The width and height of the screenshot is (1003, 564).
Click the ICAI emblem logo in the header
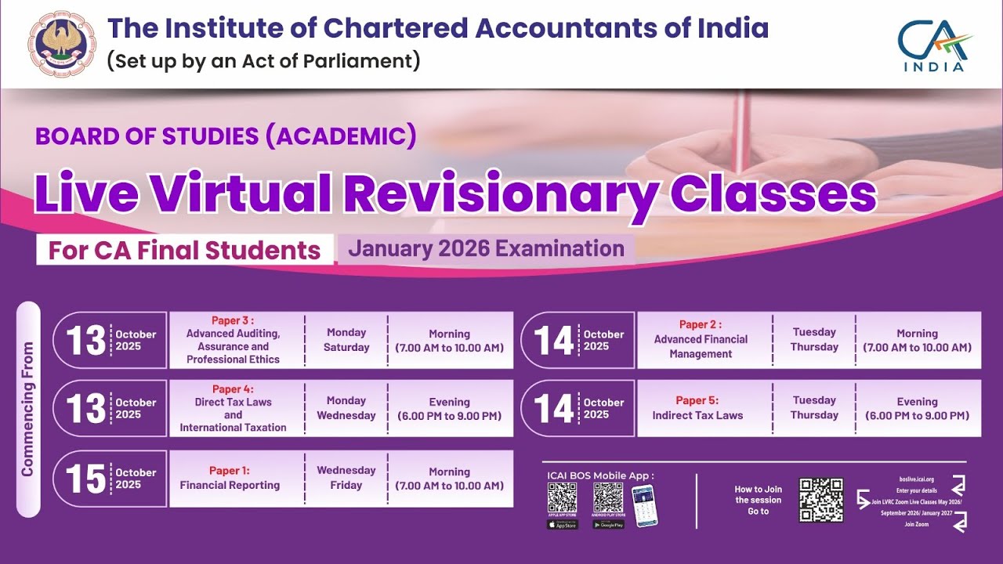(62, 44)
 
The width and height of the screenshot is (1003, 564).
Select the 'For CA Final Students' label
(185, 250)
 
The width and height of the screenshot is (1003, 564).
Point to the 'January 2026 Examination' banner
(486, 249)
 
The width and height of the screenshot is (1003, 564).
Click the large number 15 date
(85, 479)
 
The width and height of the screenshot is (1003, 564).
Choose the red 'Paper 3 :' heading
(233, 320)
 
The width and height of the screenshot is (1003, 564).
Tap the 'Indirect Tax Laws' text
(697, 415)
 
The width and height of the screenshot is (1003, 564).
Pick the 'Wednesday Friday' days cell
(346, 478)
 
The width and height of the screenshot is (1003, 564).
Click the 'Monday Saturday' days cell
(346, 340)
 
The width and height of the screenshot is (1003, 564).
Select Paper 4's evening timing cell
(449, 409)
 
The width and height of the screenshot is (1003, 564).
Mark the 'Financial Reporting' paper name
(230, 486)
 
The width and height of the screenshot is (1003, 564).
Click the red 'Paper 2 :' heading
(701, 324)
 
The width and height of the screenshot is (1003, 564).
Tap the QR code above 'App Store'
(562, 497)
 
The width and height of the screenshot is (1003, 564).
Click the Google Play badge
(608, 525)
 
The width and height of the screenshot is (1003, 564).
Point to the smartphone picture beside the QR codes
(645, 504)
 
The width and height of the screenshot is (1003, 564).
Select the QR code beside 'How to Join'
(820, 500)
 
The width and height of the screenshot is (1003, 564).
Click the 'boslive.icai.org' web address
(917, 479)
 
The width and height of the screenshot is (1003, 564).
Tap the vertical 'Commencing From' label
(28, 409)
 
